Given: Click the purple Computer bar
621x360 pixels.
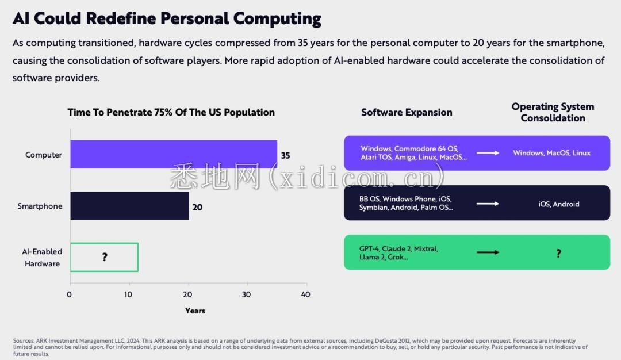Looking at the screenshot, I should pos(174,154).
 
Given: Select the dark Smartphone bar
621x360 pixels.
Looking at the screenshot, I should pos(129,206).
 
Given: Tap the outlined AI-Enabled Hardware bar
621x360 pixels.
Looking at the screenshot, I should pos(104,257).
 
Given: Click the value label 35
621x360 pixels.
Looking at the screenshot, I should pos(285,155).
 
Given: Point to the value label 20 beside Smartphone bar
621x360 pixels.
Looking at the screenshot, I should pos(197,207).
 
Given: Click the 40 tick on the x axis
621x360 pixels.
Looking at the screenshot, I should pos(305,294).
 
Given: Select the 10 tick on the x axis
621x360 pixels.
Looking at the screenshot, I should pos(129,294).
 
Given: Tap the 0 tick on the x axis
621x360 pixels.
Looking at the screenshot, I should pos(70,294).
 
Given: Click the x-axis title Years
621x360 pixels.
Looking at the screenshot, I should pos(195,311).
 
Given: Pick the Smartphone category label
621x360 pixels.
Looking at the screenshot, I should pos(40,206).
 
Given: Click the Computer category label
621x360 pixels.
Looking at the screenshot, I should pos(44,155).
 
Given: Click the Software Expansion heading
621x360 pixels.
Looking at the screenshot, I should pos(407,112).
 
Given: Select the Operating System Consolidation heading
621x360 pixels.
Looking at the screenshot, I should pos(553,112).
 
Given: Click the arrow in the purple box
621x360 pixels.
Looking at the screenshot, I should pos(488,153).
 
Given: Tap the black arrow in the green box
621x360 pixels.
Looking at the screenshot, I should pos(488,252).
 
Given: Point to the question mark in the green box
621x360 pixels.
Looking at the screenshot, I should pos(558,253).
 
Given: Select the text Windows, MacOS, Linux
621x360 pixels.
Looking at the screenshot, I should pos(551,153).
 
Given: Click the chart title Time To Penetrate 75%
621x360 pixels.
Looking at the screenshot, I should pos(171,112).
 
